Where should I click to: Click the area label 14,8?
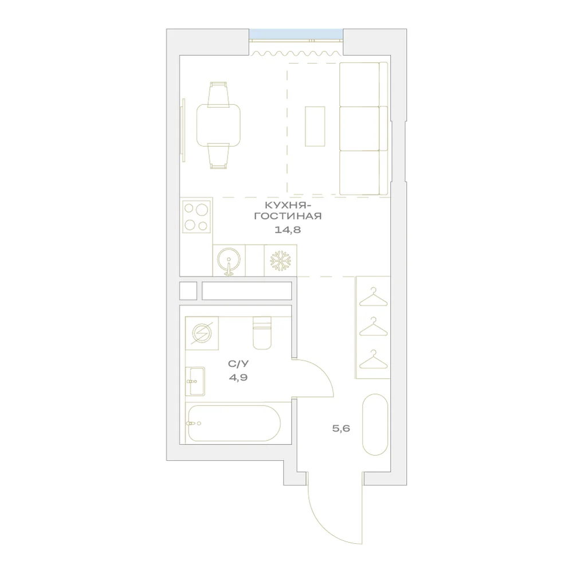[288, 230]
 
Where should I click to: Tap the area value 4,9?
[238, 377]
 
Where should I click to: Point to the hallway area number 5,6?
[341, 428]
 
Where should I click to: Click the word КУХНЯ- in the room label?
[288, 205]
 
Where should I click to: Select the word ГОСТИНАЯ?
[288, 216]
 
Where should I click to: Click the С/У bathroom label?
[238, 364]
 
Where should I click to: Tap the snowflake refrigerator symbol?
[281, 261]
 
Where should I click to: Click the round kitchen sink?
[229, 260]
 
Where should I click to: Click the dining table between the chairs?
[218, 125]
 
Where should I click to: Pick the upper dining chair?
[218, 95]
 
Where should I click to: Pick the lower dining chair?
[218, 156]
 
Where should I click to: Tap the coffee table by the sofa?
[315, 127]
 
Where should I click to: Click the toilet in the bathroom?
[262, 333]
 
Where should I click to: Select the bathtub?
[234, 423]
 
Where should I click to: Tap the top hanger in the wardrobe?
[373, 297]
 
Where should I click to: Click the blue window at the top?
[296, 34]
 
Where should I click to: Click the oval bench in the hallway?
[375, 425]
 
